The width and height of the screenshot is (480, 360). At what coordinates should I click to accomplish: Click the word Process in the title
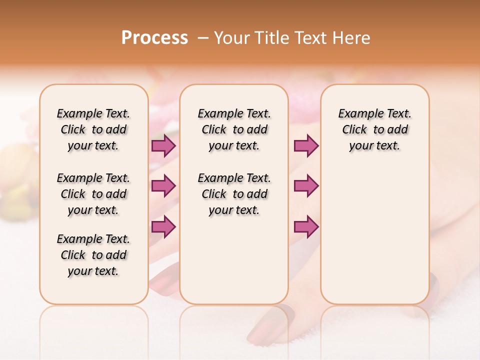pyautogui.click(x=154, y=38)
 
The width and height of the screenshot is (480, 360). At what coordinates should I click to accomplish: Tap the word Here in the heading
pyautogui.click(x=352, y=38)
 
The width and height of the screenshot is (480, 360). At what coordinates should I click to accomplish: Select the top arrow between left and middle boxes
pyautogui.click(x=163, y=145)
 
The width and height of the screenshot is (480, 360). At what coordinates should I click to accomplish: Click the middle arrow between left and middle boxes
pyautogui.click(x=163, y=186)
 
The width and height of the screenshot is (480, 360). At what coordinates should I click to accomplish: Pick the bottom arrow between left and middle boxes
pyautogui.click(x=163, y=226)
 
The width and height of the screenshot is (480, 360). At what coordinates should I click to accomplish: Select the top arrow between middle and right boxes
pyautogui.click(x=306, y=145)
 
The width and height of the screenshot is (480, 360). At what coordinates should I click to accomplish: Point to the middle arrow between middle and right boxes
pyautogui.click(x=306, y=186)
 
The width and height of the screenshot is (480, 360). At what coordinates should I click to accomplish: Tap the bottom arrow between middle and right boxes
pyautogui.click(x=306, y=226)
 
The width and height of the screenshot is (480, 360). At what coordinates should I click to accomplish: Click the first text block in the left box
pyautogui.click(x=93, y=129)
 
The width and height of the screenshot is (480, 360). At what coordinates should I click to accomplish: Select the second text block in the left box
pyautogui.click(x=93, y=194)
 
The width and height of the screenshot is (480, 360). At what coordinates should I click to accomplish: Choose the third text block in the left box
pyautogui.click(x=93, y=255)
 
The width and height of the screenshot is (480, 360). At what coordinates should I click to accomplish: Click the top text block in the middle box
pyautogui.click(x=234, y=129)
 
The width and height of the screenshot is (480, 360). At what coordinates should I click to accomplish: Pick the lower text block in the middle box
pyautogui.click(x=234, y=194)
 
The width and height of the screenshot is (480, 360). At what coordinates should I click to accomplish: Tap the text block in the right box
pyautogui.click(x=374, y=129)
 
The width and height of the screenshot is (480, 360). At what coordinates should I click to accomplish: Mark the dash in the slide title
pyautogui.click(x=203, y=38)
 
